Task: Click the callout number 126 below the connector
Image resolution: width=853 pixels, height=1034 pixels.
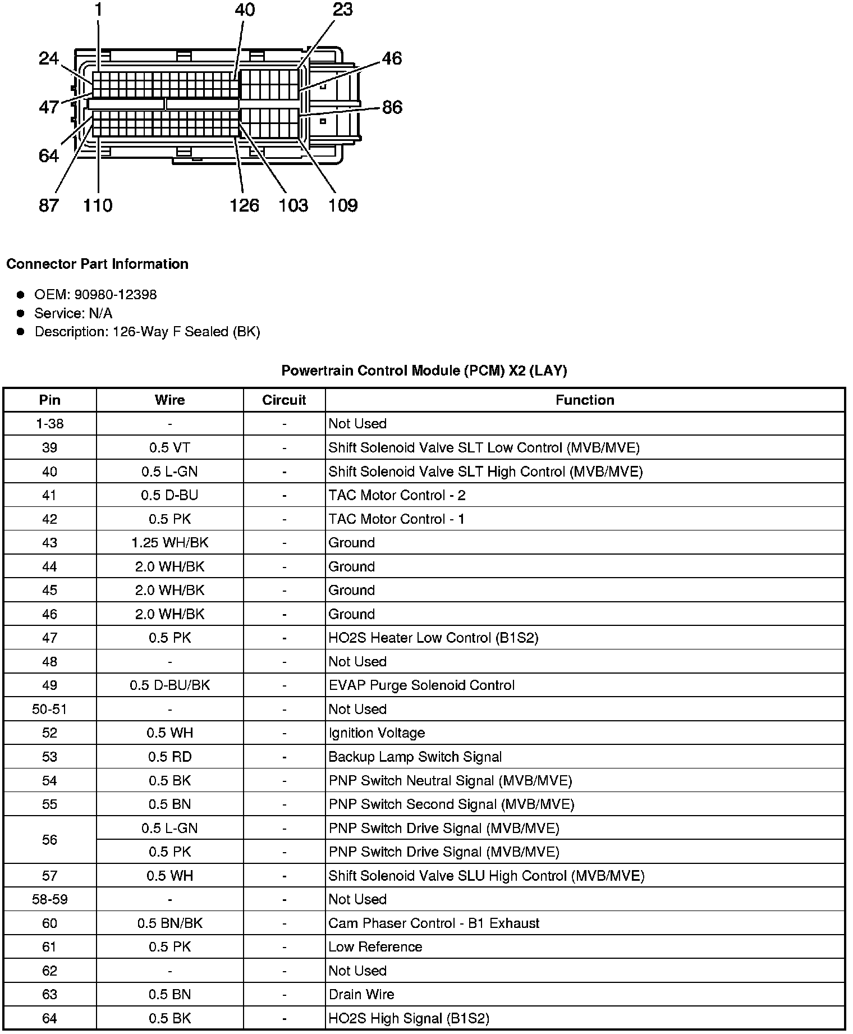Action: pos(244,205)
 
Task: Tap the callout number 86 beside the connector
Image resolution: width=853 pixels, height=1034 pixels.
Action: pos(392,107)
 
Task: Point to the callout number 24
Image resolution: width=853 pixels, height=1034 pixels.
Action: pos(49,58)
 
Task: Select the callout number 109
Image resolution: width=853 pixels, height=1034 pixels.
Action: pos(342,205)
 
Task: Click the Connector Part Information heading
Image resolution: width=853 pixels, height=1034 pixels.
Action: pos(98,264)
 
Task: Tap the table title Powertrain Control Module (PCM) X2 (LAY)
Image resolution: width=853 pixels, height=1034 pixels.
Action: pos(424,370)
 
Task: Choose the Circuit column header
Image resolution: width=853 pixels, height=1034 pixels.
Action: pos(284,400)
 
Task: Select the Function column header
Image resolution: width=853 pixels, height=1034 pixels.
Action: pos(585,400)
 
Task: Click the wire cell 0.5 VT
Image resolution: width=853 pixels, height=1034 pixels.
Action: pos(169,448)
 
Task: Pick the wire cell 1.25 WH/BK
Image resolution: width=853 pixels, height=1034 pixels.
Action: pos(169,543)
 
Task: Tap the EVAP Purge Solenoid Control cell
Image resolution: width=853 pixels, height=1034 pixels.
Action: pos(421,685)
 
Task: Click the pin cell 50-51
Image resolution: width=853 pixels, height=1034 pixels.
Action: pos(49,710)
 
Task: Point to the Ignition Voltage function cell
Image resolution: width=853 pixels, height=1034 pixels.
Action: pos(377,733)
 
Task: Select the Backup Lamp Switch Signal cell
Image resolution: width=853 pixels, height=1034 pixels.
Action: pos(415,757)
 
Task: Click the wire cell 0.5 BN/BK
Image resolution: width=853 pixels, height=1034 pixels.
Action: pos(169,923)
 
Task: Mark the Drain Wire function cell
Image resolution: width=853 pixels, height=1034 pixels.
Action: pos(361,995)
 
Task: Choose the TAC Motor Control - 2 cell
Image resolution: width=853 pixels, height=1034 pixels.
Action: pos(397,496)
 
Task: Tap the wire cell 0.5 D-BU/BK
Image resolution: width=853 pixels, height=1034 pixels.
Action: pos(169,685)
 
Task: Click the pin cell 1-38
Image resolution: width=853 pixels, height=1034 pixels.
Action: pos(49,424)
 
